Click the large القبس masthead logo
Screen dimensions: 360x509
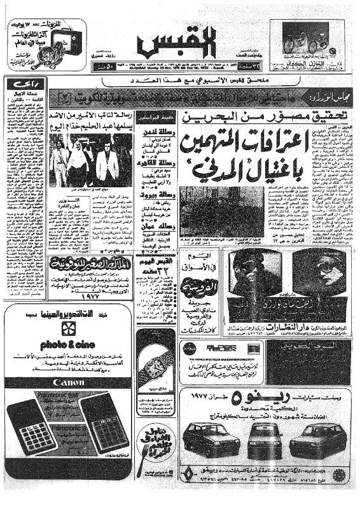tap(179, 44)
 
